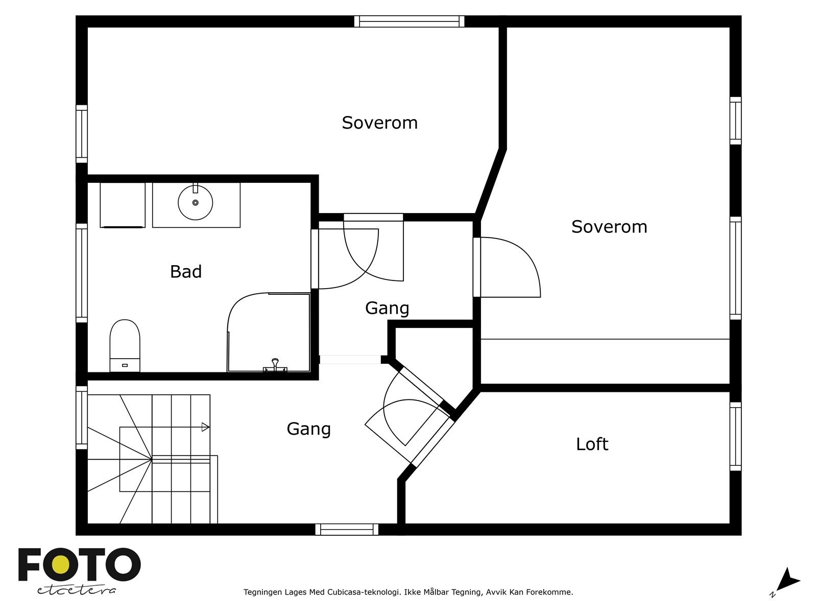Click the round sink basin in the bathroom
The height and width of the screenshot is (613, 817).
(196, 202)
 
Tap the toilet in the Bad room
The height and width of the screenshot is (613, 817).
(125, 345)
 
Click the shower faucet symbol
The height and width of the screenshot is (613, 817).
(275, 365)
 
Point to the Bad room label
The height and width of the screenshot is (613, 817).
(186, 272)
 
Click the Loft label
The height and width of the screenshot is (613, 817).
(592, 444)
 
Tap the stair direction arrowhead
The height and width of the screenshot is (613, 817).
(205, 427)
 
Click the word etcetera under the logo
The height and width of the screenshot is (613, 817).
(76, 591)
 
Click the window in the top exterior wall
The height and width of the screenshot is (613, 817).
(409, 21)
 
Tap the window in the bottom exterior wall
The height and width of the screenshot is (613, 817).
(347, 529)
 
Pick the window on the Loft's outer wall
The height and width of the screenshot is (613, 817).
(735, 436)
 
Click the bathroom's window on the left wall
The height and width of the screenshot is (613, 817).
(82, 273)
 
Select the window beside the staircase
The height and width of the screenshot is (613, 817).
(82, 417)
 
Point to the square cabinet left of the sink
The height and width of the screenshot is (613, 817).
(123, 205)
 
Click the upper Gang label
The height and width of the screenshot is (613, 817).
(387, 308)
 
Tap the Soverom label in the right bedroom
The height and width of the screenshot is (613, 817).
(609, 227)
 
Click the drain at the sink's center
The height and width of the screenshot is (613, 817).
(196, 202)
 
